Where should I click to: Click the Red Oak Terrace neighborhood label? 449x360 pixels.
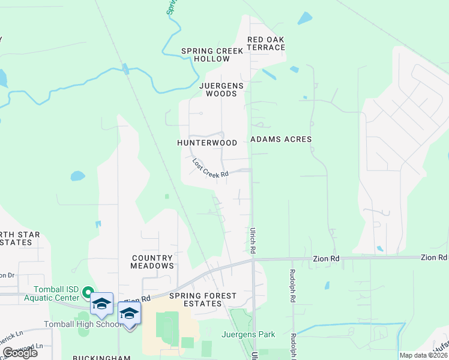click(x=265, y=43)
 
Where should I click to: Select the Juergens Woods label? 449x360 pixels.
click(x=221, y=89)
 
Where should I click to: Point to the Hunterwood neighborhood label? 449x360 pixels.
click(x=207, y=143)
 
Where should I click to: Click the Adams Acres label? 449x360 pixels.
click(x=281, y=139)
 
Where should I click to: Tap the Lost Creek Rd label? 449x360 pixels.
click(x=210, y=168)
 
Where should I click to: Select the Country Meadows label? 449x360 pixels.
click(x=152, y=262)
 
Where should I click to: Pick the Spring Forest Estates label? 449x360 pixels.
click(x=203, y=299)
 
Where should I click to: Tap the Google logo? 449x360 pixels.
click(x=19, y=353)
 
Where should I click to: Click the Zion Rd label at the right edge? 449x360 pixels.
click(x=433, y=257)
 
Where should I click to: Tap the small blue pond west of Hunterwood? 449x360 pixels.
click(x=77, y=176)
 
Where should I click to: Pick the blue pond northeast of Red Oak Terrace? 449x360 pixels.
click(x=304, y=18)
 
